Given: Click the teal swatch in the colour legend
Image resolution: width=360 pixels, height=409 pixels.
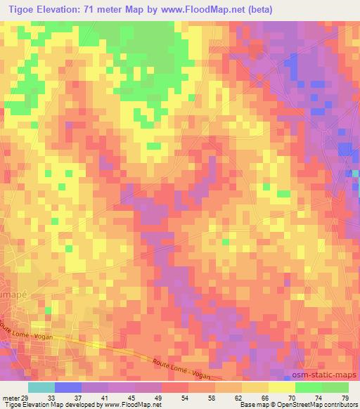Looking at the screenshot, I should click(41, 387).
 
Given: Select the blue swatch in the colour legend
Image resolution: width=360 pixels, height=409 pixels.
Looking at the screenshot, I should click(68, 387).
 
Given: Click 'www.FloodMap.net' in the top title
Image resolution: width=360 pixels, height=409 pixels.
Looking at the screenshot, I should click(198, 10).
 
